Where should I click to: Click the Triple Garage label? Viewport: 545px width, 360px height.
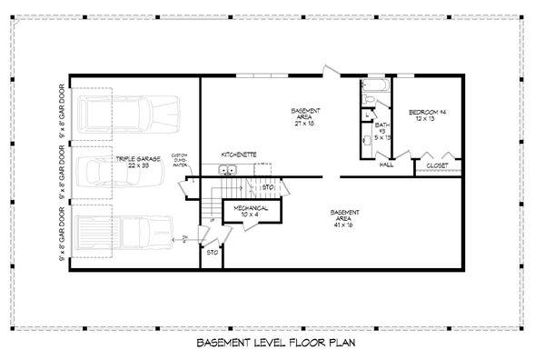coord(137,162)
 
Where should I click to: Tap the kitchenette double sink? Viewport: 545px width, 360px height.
coord(226,170)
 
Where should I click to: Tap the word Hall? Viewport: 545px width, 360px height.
coord(386,165)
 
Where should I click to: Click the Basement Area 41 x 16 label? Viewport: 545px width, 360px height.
coord(344,215)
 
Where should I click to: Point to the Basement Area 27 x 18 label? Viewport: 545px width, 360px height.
coord(304,114)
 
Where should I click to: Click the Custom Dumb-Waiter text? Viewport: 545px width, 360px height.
coord(180,161)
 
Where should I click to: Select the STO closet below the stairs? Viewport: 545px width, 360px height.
coord(211,253)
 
